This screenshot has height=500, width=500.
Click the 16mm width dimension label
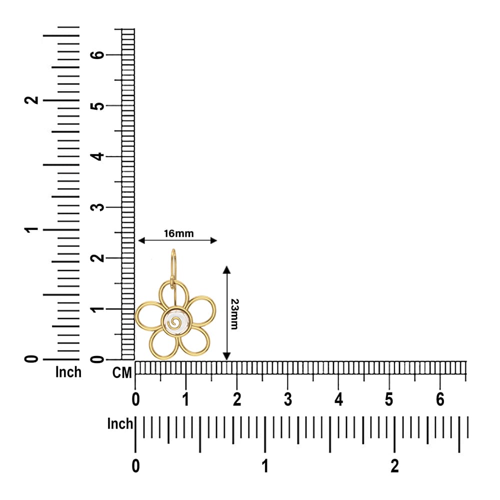178,233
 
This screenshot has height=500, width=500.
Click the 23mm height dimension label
234,314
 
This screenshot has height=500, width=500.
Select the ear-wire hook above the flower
173,268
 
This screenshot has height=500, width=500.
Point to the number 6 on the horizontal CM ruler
440,399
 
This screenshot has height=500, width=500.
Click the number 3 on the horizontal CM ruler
287,399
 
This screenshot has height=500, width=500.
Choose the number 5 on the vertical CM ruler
97,106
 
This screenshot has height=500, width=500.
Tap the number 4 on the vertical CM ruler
97,156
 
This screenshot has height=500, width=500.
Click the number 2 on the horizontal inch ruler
395,466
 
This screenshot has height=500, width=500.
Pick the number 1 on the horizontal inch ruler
265,466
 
